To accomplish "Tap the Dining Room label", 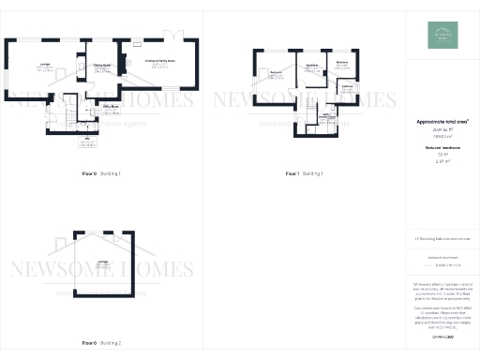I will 101,67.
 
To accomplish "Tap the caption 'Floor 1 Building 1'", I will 304,174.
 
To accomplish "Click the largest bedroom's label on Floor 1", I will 277,73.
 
